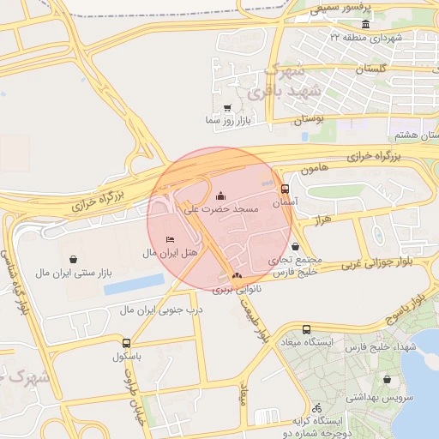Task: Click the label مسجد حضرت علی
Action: coord(222,208)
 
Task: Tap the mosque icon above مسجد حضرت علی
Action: coord(222,195)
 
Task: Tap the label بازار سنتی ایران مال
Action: coord(74,273)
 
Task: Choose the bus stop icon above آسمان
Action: coord(285,189)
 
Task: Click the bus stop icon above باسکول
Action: coord(127,342)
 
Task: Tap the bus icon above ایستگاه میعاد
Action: coord(307,330)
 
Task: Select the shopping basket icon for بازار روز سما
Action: coord(226,108)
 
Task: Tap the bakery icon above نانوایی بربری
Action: coord(236,275)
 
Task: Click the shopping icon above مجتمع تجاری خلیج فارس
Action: coord(295,245)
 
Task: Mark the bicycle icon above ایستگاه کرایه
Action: coord(316,408)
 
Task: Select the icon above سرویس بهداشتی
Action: coord(388,379)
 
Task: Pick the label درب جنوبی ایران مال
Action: coord(160,309)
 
